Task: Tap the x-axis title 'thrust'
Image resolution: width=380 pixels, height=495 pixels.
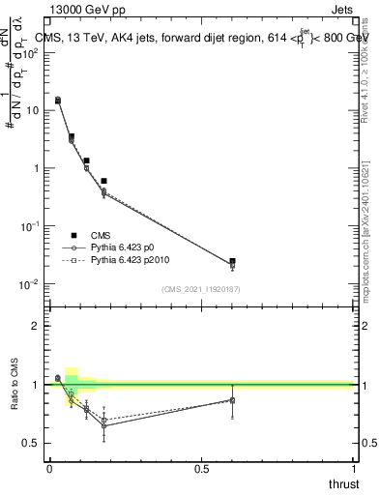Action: [343, 482]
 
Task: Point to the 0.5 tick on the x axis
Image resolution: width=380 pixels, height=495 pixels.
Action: [201, 469]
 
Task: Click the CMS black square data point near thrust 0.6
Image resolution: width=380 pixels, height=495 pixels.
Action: [232, 261]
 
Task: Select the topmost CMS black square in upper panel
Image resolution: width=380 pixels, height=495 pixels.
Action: [58, 100]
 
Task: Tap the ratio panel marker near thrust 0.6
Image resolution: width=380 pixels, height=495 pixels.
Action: [232, 400]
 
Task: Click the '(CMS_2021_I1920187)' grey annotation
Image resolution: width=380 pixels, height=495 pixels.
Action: [199, 289]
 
